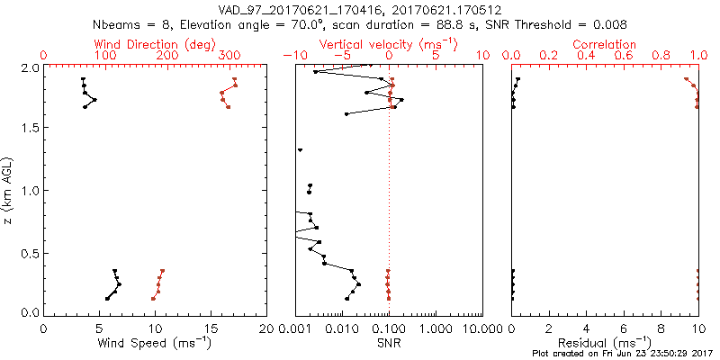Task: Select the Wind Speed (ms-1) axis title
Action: coord(155,343)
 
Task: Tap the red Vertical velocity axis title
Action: coord(388,43)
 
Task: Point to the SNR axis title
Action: coord(389,343)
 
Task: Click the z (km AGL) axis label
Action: coord(9,190)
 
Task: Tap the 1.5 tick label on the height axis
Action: coord(28,128)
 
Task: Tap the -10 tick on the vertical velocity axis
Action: coord(292,56)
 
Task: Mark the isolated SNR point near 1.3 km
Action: coord(300,149)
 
